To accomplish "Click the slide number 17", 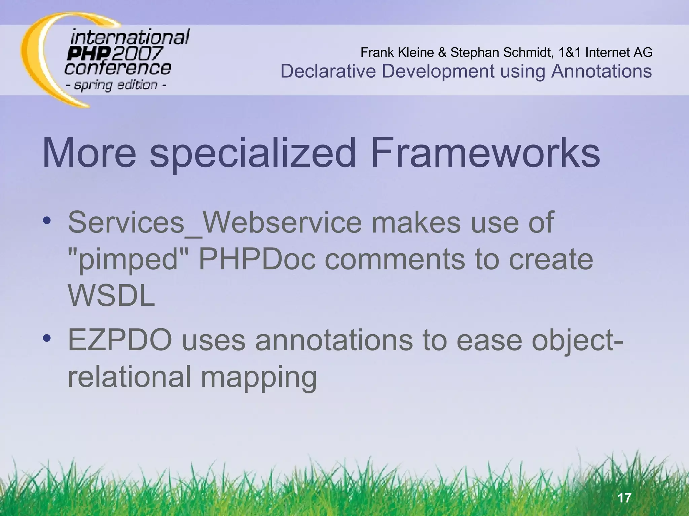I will (x=624, y=498).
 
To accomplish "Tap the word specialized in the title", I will (x=253, y=154).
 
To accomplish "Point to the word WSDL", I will (x=111, y=296).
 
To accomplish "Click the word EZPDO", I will (x=120, y=340).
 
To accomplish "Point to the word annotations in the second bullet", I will (x=333, y=340).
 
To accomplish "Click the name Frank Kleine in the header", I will (x=397, y=52).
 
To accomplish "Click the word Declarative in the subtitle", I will (x=328, y=71).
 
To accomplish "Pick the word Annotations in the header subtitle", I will (x=601, y=71).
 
